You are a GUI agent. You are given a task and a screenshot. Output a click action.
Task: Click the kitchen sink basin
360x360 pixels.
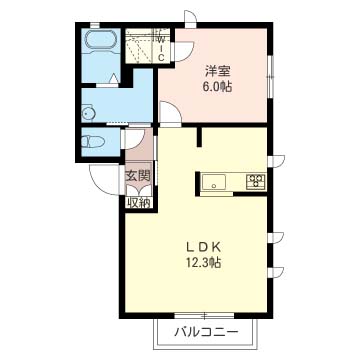pyautogui.click(x=215, y=182)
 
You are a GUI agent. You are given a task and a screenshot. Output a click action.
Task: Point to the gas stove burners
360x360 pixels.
pyautogui.click(x=255, y=182)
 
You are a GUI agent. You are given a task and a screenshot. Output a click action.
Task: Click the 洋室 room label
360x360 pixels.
pyautogui.click(x=219, y=70)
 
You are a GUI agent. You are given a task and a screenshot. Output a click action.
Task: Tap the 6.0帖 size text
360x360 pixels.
pyautogui.click(x=219, y=86)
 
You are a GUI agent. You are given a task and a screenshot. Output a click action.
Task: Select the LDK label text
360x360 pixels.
pyautogui.click(x=202, y=247)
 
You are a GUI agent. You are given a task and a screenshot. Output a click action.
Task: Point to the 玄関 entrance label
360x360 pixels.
pyautogui.click(x=138, y=177)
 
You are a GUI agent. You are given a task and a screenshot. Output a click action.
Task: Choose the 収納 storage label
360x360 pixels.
pyautogui.click(x=138, y=201)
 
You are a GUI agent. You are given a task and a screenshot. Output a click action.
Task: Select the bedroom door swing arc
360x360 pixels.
pyautogui.click(x=170, y=114)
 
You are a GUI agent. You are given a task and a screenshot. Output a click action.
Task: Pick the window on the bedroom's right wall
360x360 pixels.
pyautogui.click(x=272, y=72)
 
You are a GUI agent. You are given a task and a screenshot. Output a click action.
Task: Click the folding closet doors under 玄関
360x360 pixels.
pyautogui.click(x=138, y=189)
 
